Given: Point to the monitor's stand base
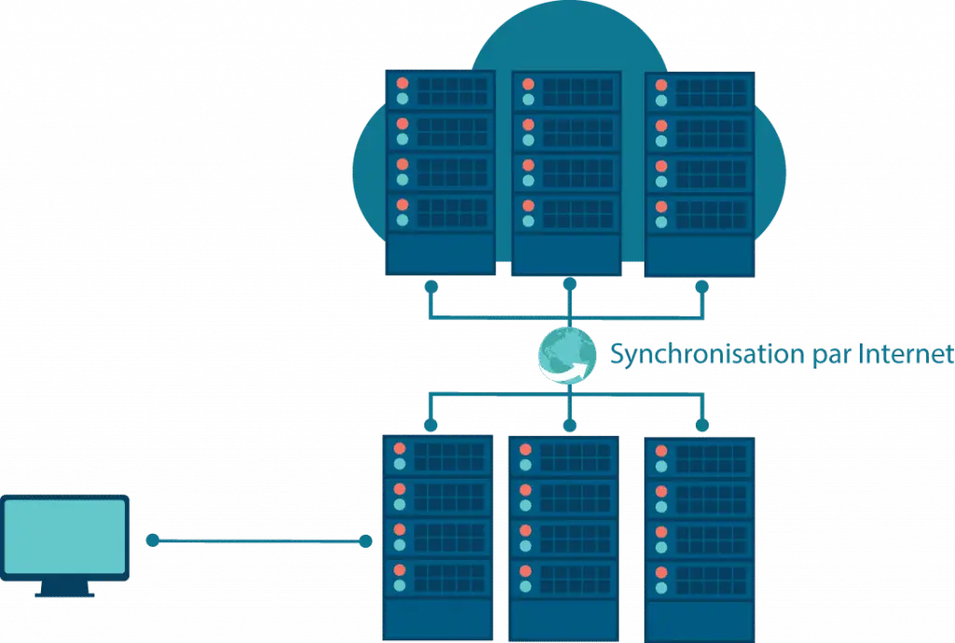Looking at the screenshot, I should point(64,592).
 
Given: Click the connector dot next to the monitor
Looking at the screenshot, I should point(153,540).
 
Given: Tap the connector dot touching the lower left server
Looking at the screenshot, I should point(367,540).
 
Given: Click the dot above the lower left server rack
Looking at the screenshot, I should point(430,425).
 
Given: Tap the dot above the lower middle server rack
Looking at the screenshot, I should point(569,425).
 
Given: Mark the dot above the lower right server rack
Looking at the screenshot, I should point(701,425).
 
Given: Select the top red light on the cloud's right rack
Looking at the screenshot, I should point(662,84).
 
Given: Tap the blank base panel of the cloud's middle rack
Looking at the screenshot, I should point(565,252).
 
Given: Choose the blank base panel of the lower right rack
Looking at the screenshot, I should point(699,616).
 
